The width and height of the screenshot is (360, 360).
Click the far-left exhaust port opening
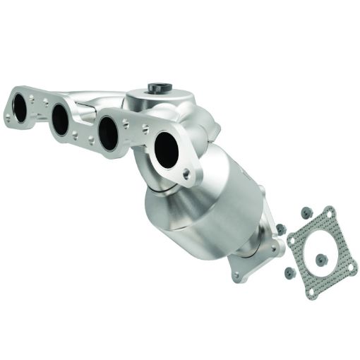click(x=22, y=107)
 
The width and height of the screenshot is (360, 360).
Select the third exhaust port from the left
click(x=108, y=133)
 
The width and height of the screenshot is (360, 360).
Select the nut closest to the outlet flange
click(x=281, y=229)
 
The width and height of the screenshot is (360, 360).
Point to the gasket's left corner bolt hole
click(x=293, y=241)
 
